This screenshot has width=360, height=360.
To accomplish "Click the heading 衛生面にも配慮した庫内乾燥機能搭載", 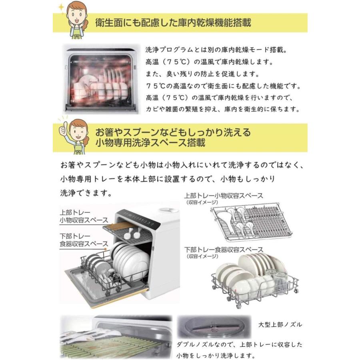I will [x=173, y=22].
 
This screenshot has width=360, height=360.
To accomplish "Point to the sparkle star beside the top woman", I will [x=61, y=7].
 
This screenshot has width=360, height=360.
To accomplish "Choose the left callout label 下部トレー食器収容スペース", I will [x=84, y=240].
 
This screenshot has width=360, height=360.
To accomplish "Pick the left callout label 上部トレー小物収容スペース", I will [x=84, y=216].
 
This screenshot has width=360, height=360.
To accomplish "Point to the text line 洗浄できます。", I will [x=85, y=192].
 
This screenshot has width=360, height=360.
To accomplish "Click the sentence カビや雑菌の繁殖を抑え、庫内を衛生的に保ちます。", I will [x=222, y=109].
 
